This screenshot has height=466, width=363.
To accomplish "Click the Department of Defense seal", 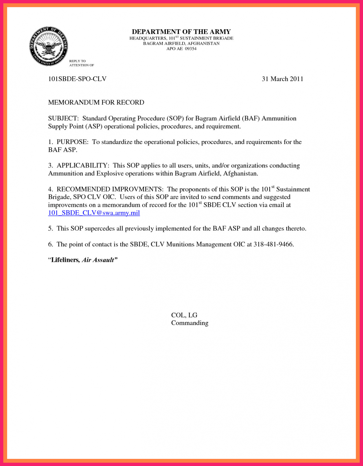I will click(x=49, y=46).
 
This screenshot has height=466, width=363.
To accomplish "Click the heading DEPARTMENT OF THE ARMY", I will click(x=181, y=32).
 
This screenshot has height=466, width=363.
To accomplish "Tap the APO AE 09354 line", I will click(x=181, y=49).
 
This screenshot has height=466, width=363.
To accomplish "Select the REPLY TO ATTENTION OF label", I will click(x=81, y=63).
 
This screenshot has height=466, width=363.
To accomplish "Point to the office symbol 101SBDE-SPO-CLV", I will click(x=77, y=79).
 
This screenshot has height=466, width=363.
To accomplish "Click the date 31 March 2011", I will click(x=282, y=79).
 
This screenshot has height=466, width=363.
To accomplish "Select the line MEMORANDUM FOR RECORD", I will click(x=96, y=102).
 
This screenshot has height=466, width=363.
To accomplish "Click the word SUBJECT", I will click(x=63, y=119).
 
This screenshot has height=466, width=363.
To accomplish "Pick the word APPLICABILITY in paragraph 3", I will click(x=82, y=166).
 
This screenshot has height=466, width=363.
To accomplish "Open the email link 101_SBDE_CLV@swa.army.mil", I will click(x=94, y=213).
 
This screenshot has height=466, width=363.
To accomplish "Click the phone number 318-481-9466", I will click(x=273, y=244).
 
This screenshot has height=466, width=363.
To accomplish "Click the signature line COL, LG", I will click(x=184, y=315).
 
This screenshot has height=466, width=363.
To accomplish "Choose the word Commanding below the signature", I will click(x=190, y=323).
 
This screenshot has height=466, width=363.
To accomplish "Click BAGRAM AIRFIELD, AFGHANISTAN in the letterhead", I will click(x=181, y=43).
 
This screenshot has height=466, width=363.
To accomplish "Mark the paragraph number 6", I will click(x=50, y=244).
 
